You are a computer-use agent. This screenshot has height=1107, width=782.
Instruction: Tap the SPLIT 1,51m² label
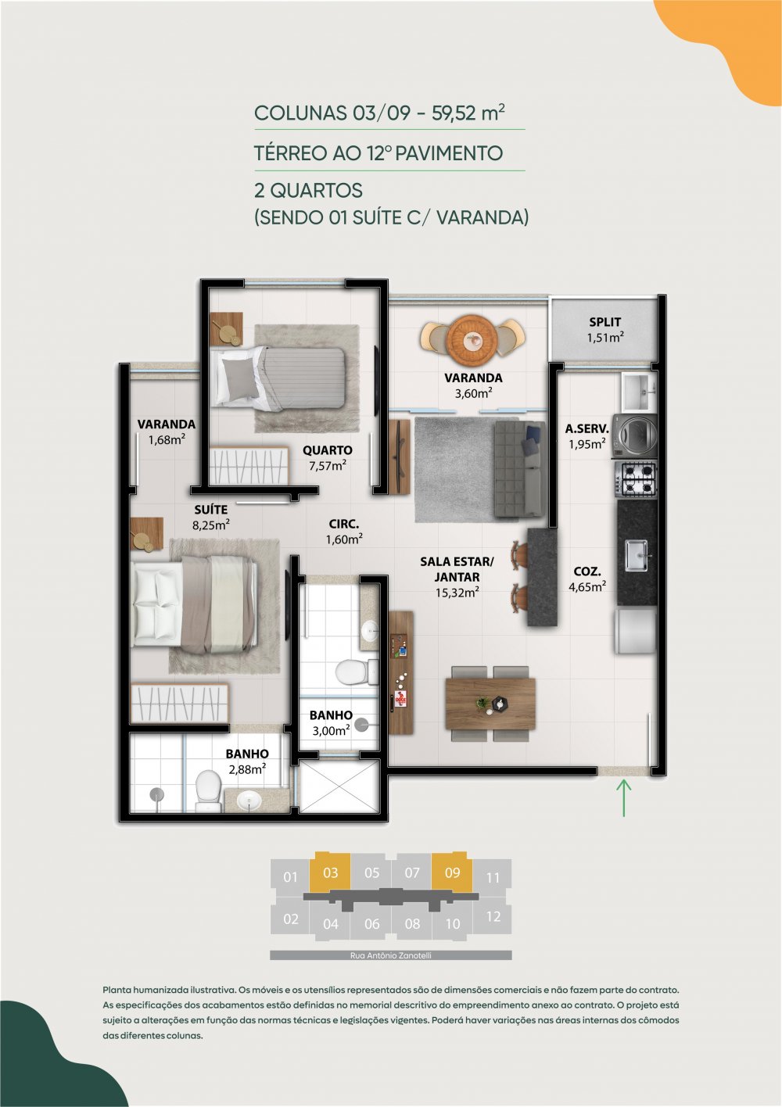pos(605,330)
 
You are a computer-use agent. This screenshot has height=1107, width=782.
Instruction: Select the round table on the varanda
pos(473,339)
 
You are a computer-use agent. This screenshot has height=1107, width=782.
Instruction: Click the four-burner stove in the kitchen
pos(636,479)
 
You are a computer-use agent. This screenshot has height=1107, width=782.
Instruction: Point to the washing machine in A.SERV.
pos(635,435)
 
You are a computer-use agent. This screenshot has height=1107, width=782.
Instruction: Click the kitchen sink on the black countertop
pos(638,555)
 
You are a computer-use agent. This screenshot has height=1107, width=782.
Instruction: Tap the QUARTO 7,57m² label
pos(327,457)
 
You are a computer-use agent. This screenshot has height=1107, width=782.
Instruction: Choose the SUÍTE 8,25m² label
pos(210,517)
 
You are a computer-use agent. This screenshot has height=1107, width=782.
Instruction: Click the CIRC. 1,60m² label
pos(344,532)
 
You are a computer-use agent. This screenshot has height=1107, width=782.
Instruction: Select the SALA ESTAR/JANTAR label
pos(457,569)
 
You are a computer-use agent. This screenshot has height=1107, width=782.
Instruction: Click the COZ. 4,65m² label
pos(587,579)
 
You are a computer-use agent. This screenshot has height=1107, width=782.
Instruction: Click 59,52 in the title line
pos(454,113)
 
